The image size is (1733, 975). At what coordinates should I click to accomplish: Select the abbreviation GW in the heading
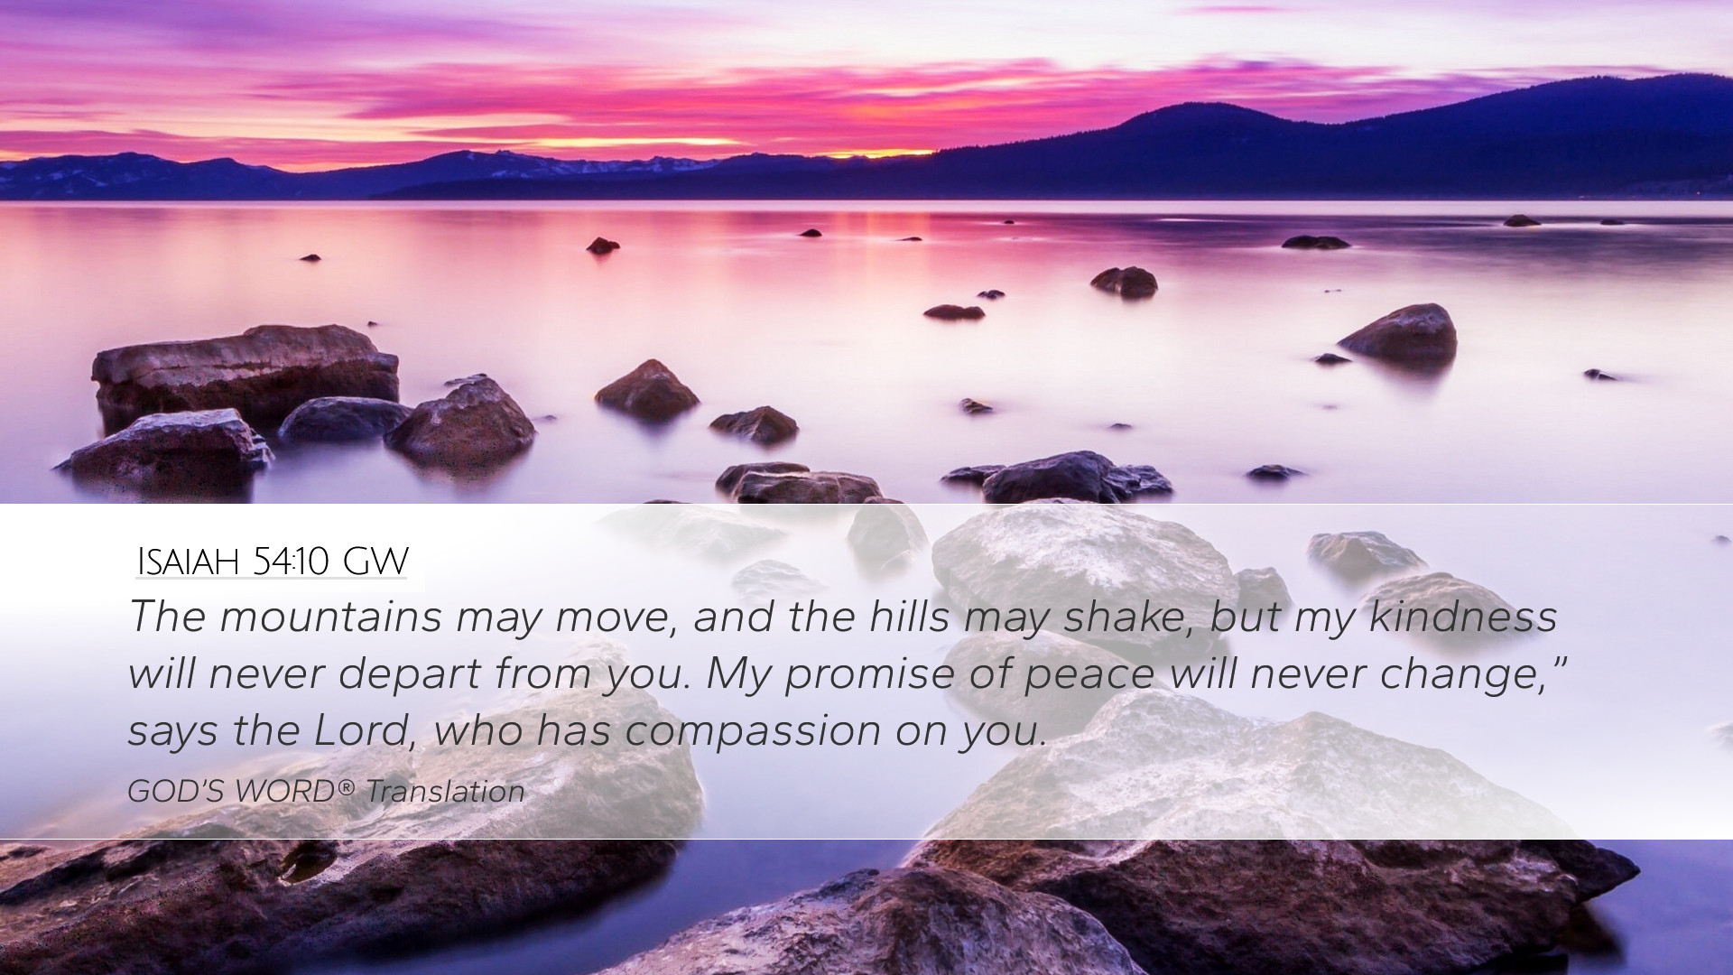coord(375,562)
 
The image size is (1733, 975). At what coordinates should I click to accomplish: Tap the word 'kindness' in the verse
coord(1463,617)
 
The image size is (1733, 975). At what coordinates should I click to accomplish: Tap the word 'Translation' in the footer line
coord(445,792)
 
